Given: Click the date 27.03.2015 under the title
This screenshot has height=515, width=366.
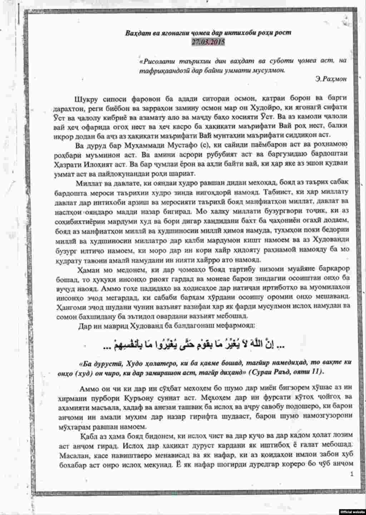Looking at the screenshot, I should pos(208,42).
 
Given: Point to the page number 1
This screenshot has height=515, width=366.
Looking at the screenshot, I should pos(352,474).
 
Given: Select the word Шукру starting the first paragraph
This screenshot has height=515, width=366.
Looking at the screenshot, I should pos(86,98).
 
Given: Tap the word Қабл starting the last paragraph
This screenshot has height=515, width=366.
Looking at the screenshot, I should pos(88,435).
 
